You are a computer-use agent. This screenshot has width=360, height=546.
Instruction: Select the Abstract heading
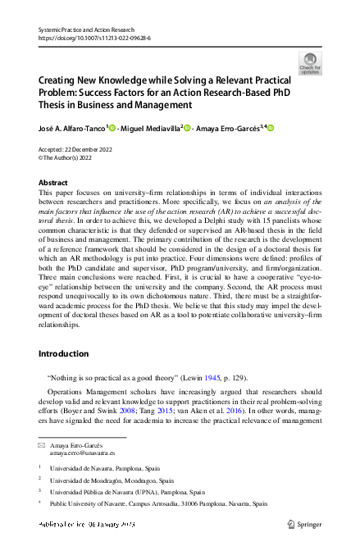click(53, 183)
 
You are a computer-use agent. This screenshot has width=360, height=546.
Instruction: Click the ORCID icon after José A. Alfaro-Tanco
click(112, 129)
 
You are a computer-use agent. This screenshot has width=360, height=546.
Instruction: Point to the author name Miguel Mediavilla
click(151, 129)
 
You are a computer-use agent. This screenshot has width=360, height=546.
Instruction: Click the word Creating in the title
click(60, 82)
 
